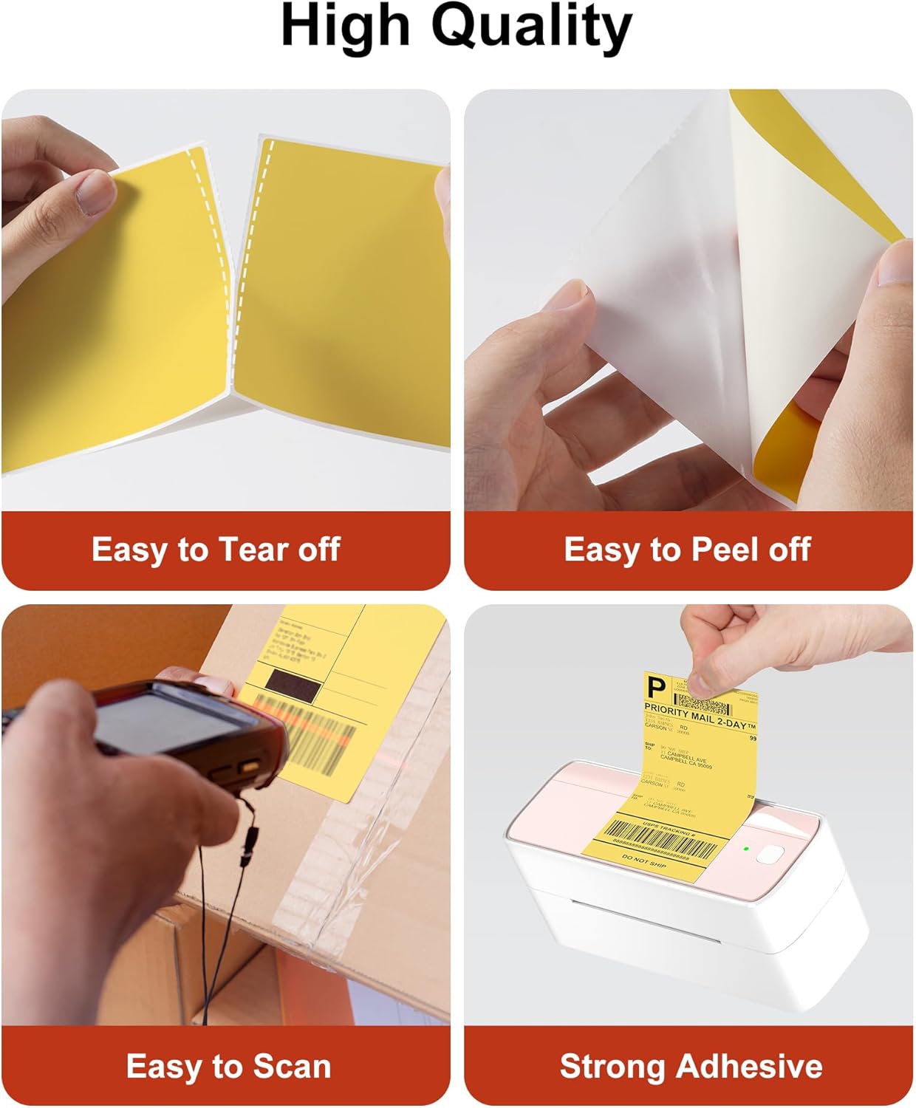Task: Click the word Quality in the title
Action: point(531,28)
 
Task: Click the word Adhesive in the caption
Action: point(749,1067)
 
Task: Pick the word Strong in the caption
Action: point(612,1067)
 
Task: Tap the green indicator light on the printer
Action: point(747,849)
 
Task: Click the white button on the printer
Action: point(770,855)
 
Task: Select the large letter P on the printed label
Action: point(655,688)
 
